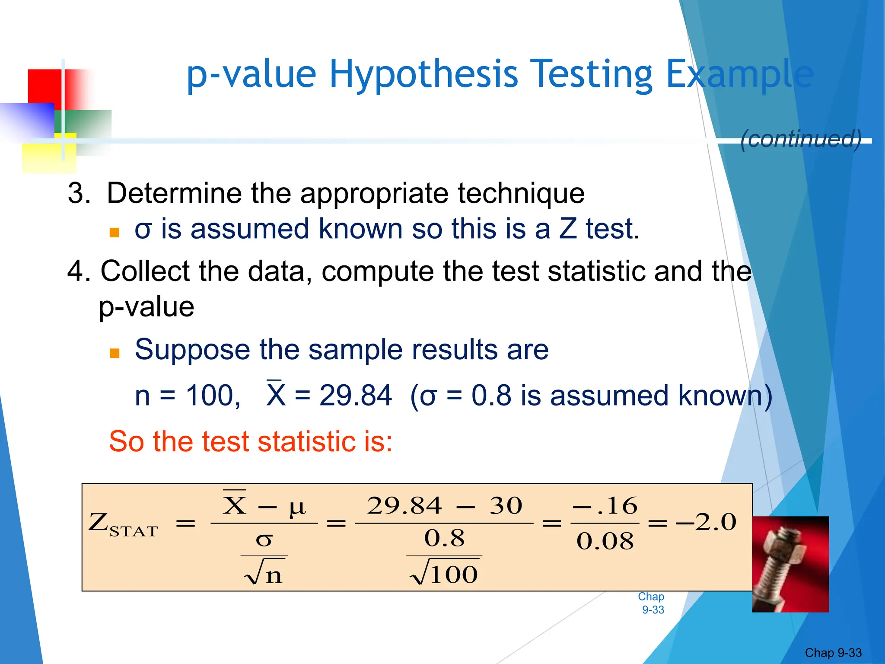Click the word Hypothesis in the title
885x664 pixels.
click(423, 74)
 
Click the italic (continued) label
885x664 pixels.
click(801, 139)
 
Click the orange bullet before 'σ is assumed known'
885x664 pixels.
click(115, 233)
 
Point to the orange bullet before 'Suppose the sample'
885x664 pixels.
click(115, 353)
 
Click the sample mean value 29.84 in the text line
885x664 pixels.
click(355, 396)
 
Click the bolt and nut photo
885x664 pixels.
click(790, 564)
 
